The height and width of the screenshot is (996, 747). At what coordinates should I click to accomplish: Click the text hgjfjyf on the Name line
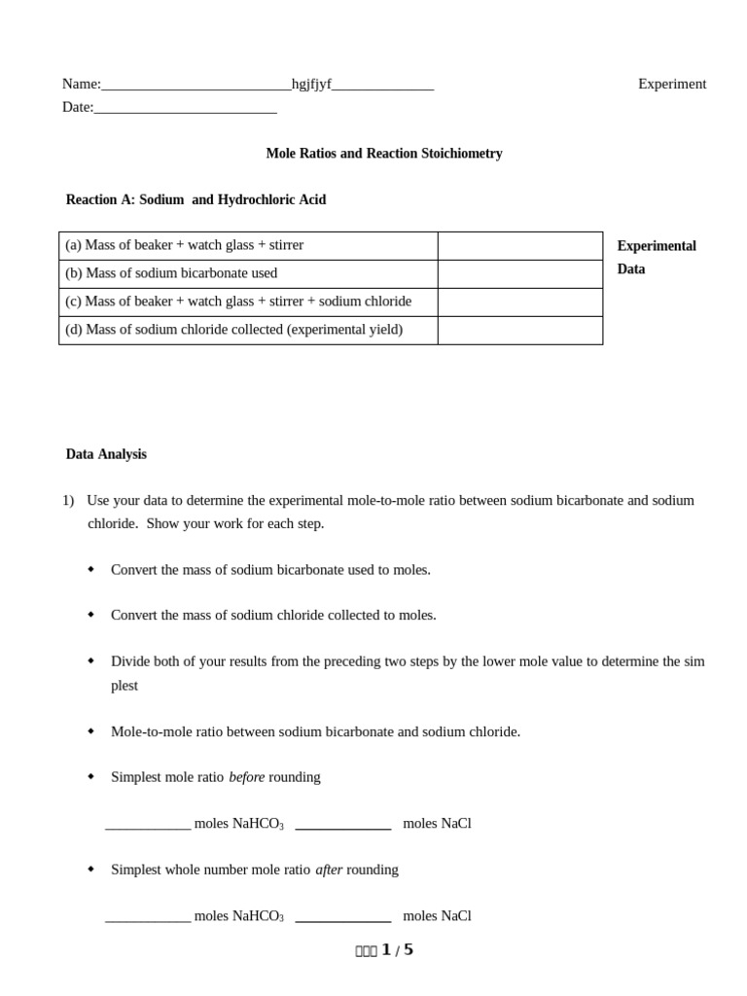(311, 85)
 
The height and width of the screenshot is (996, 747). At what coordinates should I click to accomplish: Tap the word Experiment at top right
(672, 85)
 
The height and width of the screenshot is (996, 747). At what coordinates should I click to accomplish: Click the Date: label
(78, 107)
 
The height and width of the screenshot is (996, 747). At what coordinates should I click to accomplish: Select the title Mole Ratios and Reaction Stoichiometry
(384, 154)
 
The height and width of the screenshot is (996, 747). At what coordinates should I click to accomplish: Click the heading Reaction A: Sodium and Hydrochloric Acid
(196, 199)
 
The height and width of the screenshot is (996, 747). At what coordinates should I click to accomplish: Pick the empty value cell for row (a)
(519, 246)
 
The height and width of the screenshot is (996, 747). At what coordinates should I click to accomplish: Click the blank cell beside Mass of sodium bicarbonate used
(519, 274)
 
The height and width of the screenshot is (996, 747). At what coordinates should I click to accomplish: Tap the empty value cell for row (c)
(519, 302)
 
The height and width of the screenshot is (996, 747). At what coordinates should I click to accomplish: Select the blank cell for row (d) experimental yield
(519, 331)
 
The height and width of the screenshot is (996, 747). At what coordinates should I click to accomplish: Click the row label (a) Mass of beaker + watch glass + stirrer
(184, 245)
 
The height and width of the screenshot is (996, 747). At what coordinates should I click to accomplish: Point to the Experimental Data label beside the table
(656, 258)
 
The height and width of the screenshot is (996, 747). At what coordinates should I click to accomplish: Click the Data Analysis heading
(106, 454)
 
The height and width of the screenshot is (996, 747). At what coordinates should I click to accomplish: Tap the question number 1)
(68, 501)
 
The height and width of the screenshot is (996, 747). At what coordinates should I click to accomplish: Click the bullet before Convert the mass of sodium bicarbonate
(91, 569)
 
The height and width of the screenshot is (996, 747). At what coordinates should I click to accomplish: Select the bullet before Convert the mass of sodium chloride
(91, 615)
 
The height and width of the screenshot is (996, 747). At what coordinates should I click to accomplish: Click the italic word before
(246, 777)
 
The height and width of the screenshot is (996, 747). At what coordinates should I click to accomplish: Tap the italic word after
(329, 870)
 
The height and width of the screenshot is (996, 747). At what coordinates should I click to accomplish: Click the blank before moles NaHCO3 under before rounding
(148, 825)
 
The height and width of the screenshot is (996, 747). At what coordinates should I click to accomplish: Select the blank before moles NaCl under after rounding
(342, 917)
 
